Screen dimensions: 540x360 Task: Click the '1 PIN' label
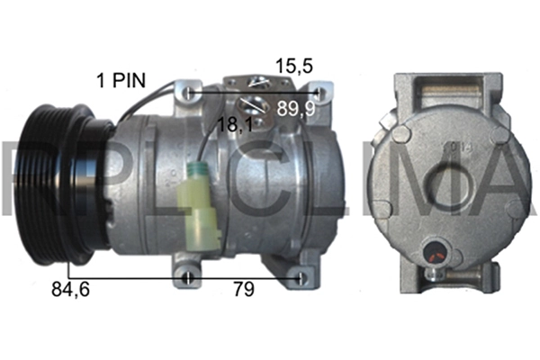point(121,81)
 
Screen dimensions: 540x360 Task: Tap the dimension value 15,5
point(294,66)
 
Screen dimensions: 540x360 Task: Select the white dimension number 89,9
point(296,109)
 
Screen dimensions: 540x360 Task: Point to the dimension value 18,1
point(236,124)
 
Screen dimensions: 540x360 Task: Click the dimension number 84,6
point(70,290)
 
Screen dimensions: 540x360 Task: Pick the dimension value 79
point(244,290)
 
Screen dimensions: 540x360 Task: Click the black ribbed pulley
point(60,184)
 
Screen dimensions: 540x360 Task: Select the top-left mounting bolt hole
point(189,93)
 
